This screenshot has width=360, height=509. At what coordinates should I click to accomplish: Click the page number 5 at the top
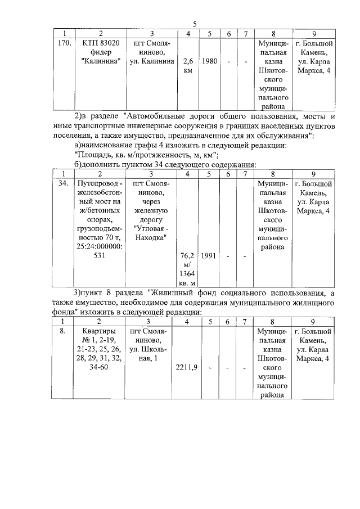[195, 24]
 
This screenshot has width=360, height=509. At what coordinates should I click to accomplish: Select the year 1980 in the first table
[209, 60]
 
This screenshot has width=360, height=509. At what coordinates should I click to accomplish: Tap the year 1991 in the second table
[209, 255]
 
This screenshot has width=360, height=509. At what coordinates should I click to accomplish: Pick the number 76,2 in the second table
[188, 255]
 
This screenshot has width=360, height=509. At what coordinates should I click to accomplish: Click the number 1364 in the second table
[188, 273]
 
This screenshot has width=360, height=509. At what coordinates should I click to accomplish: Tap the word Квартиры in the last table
[99, 332]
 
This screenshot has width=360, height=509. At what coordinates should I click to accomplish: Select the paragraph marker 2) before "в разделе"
[79, 116]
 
